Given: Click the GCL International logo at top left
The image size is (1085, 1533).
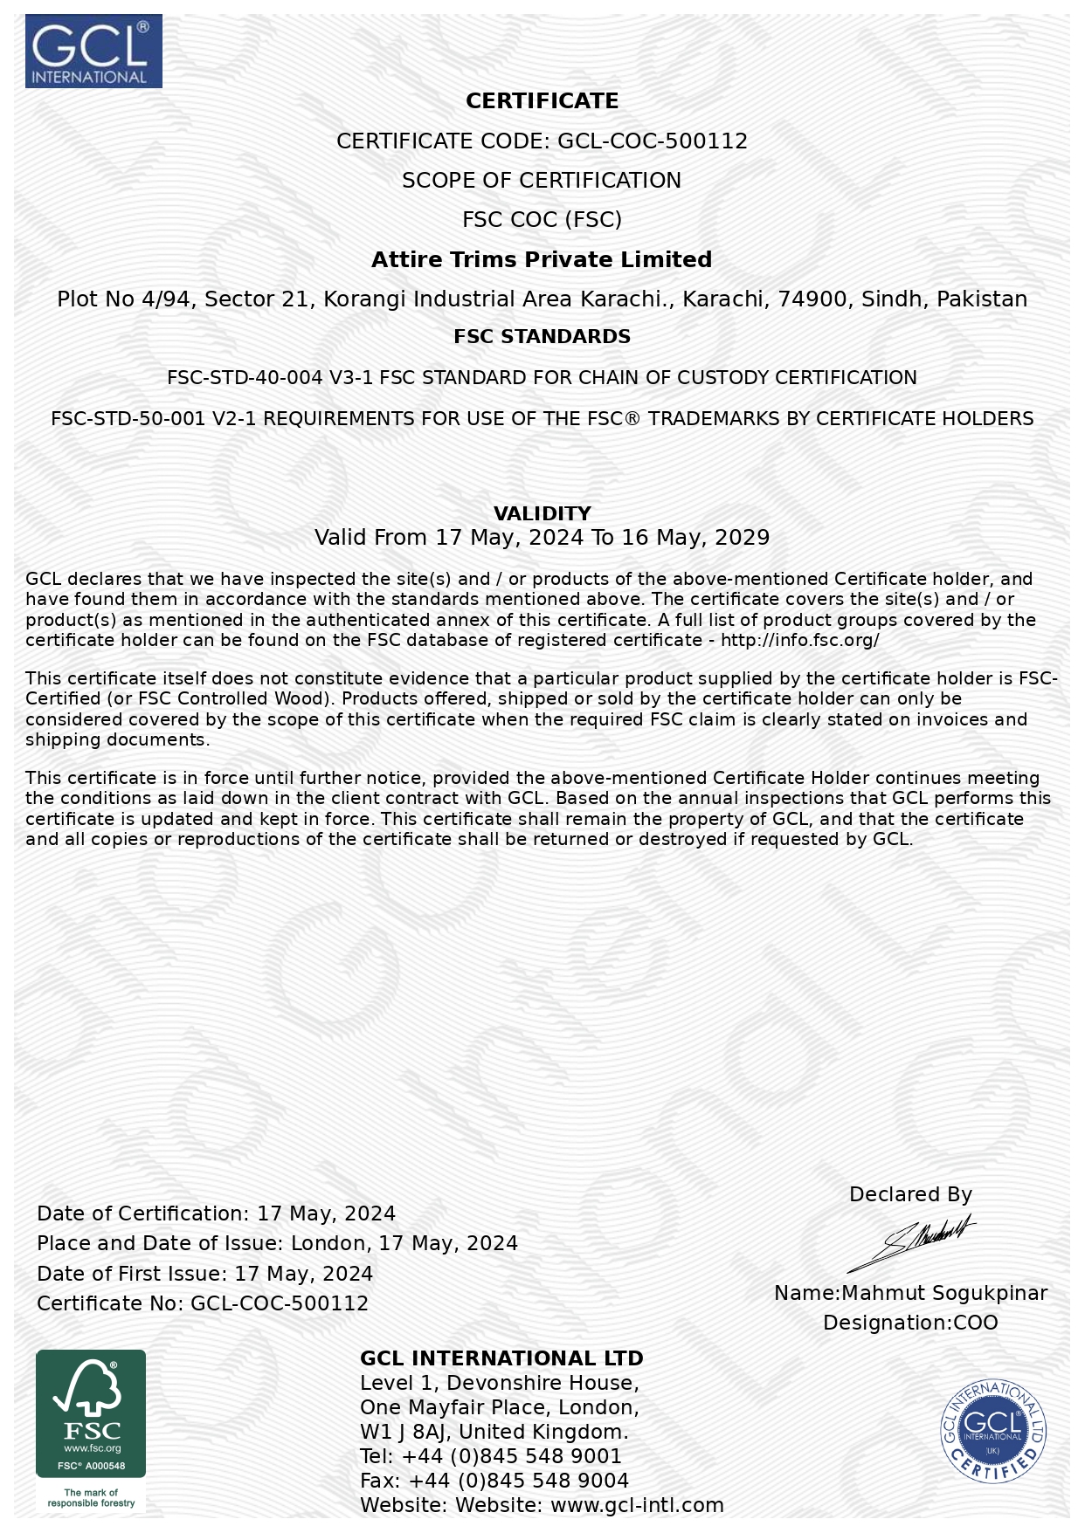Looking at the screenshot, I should (x=93, y=51).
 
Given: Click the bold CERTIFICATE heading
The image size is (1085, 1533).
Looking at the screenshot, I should (x=542, y=101).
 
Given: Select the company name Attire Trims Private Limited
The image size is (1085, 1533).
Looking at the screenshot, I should (x=542, y=259).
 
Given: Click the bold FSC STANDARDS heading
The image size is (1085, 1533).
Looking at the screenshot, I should (x=542, y=337).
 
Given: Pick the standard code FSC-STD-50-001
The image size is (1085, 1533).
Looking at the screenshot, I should (x=128, y=419).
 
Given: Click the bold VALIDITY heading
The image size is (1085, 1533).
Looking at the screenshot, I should (x=542, y=513).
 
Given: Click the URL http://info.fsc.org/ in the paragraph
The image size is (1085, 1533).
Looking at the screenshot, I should (x=799, y=641).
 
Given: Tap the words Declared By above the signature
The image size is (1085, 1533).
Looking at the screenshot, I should (x=910, y=1194).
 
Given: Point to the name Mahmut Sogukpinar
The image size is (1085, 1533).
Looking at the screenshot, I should (x=944, y=1293).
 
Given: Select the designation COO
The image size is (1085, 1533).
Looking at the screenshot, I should (x=975, y=1323).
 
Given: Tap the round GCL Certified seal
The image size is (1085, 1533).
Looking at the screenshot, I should (x=992, y=1432).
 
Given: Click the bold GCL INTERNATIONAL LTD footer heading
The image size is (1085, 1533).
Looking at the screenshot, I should (x=501, y=1358).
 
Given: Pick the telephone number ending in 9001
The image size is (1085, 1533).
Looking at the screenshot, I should (x=511, y=1456).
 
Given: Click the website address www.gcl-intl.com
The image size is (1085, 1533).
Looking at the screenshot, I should (x=637, y=1505).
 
